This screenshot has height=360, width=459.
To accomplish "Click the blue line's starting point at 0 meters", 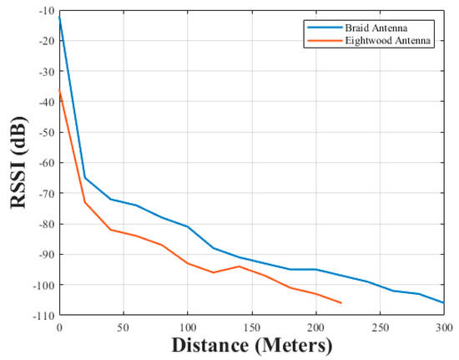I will [59, 16].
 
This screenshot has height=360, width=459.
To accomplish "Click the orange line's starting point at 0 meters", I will [59, 89].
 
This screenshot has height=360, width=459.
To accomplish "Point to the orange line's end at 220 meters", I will [341, 302].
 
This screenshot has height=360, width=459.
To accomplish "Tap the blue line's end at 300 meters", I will [444, 302].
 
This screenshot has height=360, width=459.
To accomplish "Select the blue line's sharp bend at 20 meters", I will [85, 177].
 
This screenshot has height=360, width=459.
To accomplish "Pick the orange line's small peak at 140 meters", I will [239, 266].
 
